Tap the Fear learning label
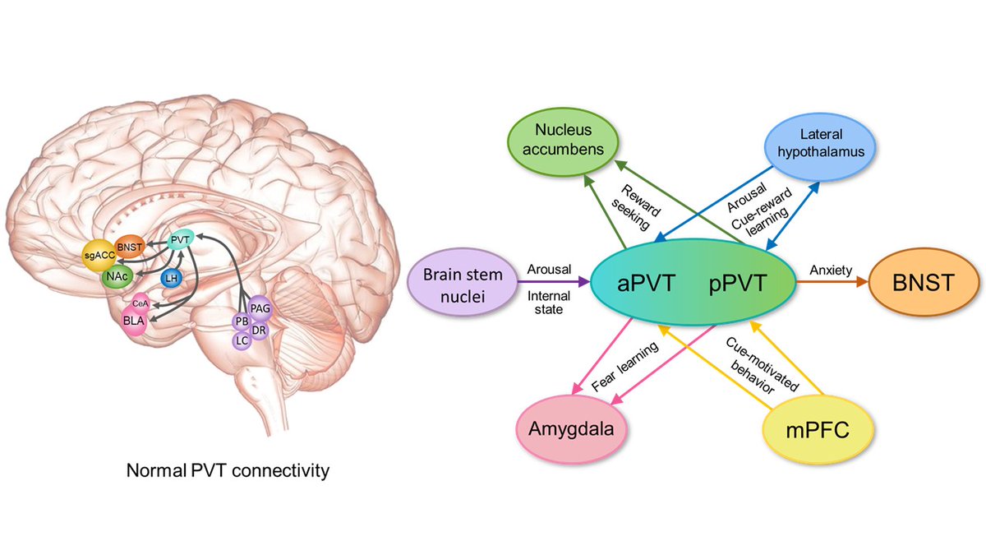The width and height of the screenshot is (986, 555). point(626,367)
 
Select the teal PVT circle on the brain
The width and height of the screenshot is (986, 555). point(180,241)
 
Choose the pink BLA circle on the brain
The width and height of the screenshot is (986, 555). point(131,319)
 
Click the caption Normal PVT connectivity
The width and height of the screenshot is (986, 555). point(228,471)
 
